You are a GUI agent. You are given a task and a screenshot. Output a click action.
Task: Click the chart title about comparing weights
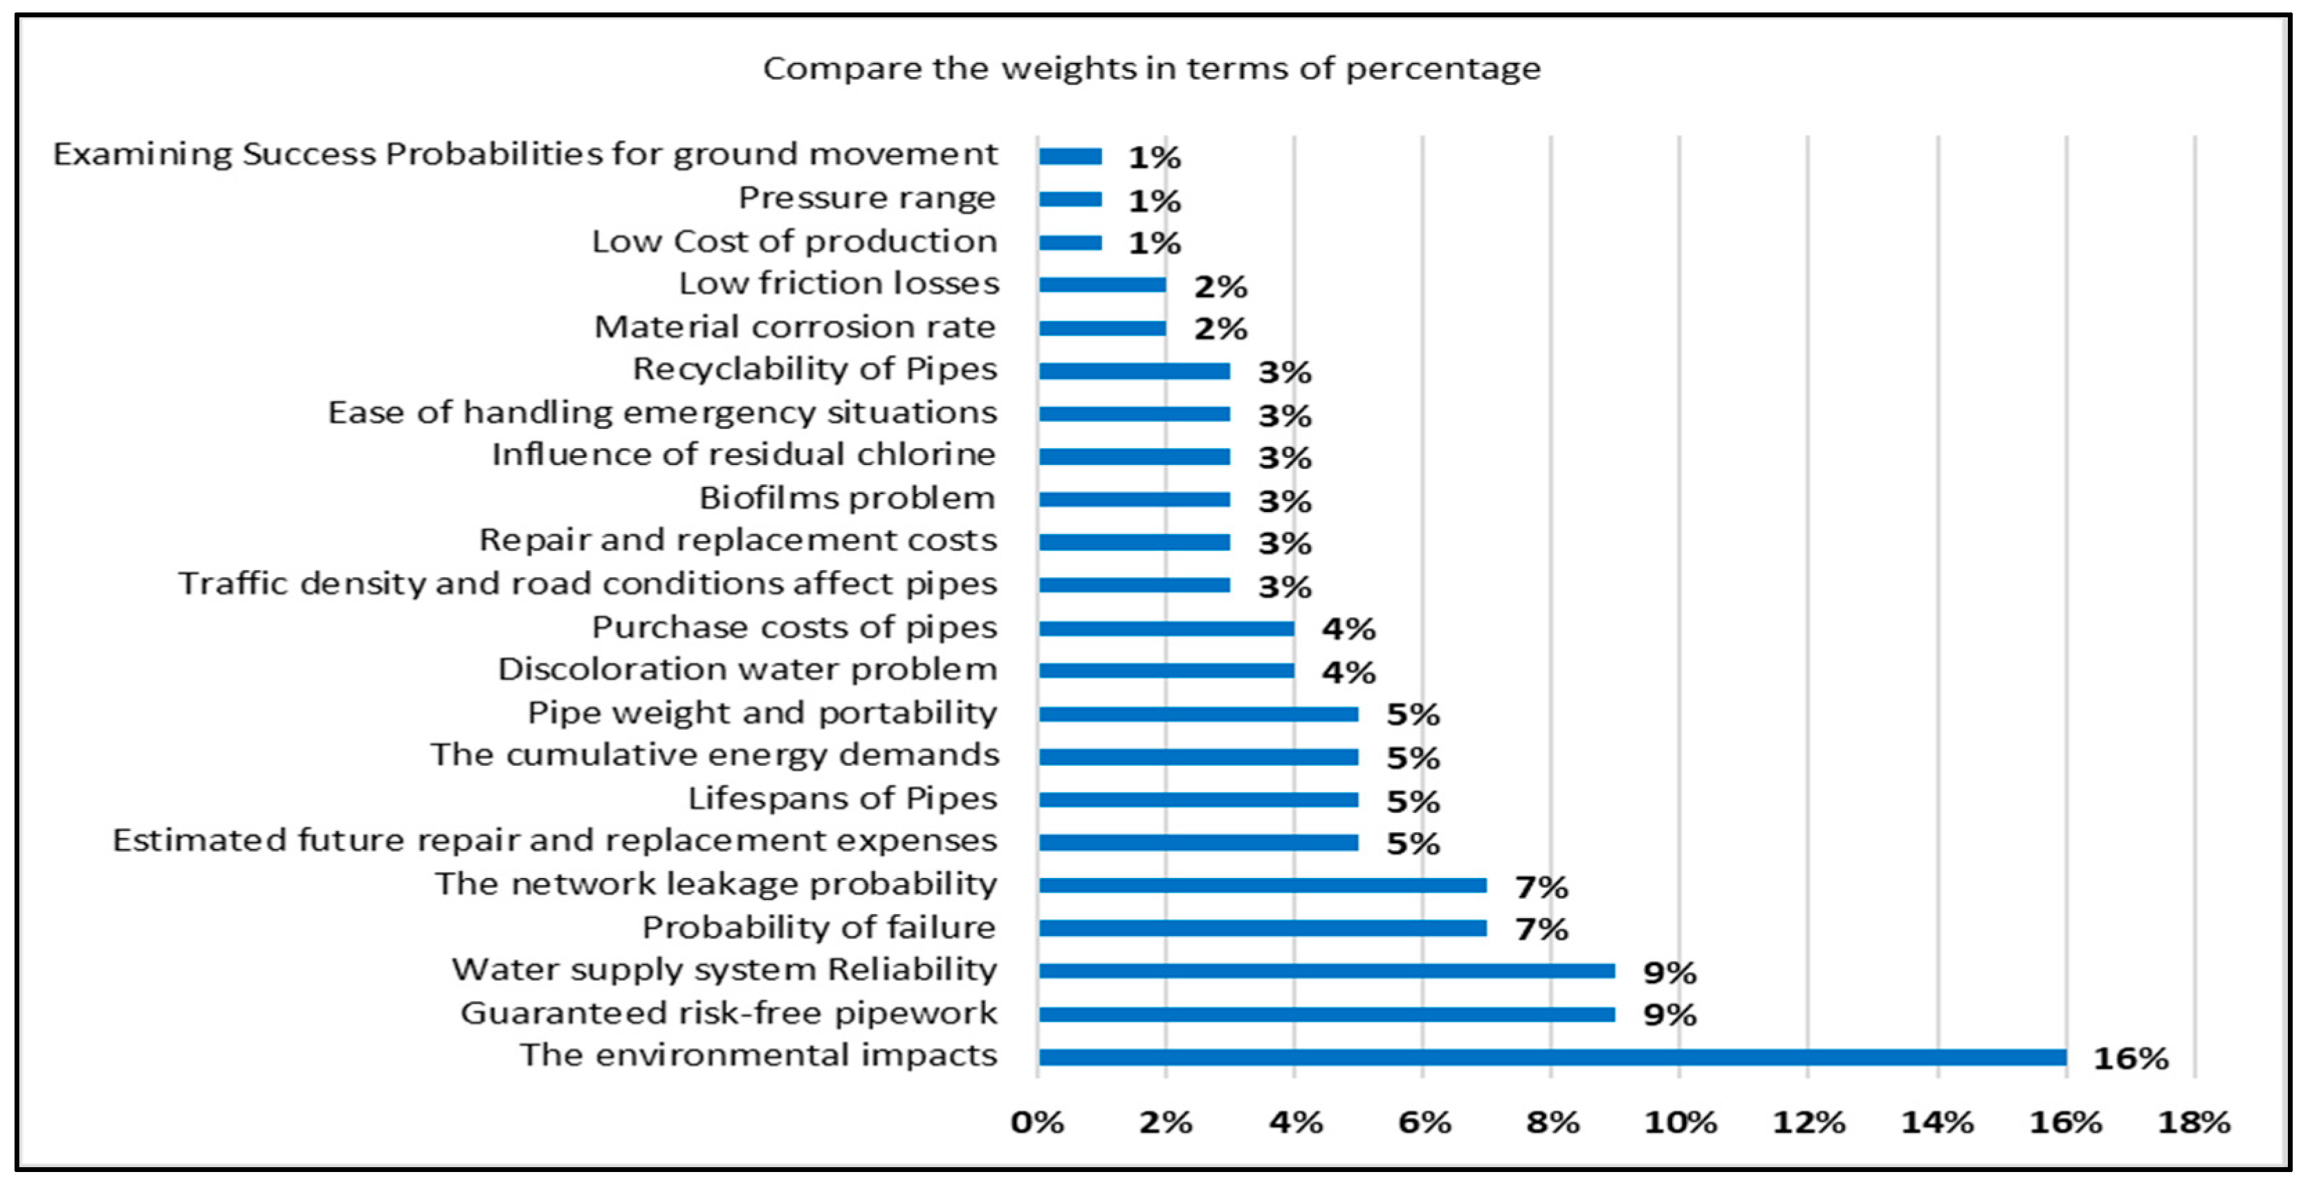pyautogui.click(x=1151, y=68)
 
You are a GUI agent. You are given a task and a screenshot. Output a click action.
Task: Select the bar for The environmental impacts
pyautogui.click(x=1551, y=1057)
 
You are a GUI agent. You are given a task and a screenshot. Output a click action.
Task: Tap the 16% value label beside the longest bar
pyautogui.click(x=2129, y=1058)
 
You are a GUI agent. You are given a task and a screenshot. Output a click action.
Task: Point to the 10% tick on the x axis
pyautogui.click(x=1680, y=1122)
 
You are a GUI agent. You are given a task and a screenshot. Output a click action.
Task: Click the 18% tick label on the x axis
pyautogui.click(x=2193, y=1122)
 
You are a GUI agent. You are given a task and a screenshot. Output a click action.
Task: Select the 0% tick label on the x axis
pyautogui.click(x=1038, y=1122)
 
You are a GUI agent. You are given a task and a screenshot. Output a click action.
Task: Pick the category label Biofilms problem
pyautogui.click(x=847, y=497)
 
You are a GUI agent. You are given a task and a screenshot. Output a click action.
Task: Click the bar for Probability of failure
pyautogui.click(x=1262, y=928)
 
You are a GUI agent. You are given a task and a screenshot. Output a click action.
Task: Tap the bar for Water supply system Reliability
pyautogui.click(x=1326, y=970)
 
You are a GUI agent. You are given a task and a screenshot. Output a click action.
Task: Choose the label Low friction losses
pyautogui.click(x=838, y=284)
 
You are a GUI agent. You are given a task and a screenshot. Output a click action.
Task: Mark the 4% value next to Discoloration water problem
pyautogui.click(x=1348, y=672)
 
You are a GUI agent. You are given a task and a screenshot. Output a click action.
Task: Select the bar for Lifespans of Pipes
pyautogui.click(x=1198, y=799)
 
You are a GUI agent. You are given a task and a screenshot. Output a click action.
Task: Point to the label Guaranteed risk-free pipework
pyautogui.click(x=728, y=1012)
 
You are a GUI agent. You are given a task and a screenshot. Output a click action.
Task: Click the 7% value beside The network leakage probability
pyautogui.click(x=1541, y=887)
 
